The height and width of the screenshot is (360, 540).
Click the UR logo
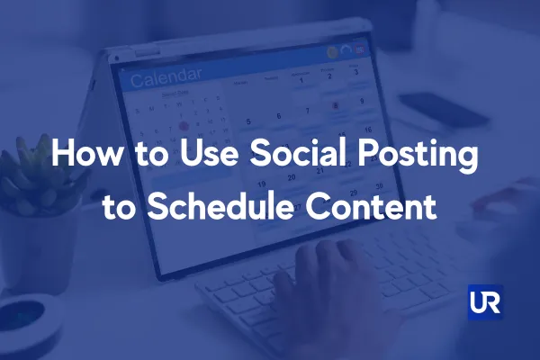click(485, 301)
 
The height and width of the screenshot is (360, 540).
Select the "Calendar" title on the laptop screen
click(166, 78)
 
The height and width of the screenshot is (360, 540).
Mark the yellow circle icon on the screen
click(332, 52)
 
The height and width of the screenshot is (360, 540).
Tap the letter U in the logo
click(478, 301)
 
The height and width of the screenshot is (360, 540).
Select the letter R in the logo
click(492, 301)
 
